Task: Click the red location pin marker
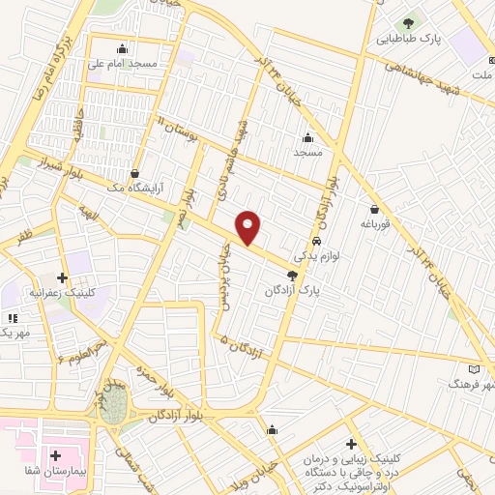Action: point(248,227)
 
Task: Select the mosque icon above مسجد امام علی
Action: point(122,49)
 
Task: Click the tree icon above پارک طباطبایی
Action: point(408,21)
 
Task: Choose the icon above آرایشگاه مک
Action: point(133,173)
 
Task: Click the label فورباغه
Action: point(374,223)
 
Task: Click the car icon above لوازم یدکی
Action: point(318,240)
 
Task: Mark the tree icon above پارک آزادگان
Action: point(292,276)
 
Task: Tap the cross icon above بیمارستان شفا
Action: point(55,454)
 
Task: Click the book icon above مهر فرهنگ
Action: point(473,369)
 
